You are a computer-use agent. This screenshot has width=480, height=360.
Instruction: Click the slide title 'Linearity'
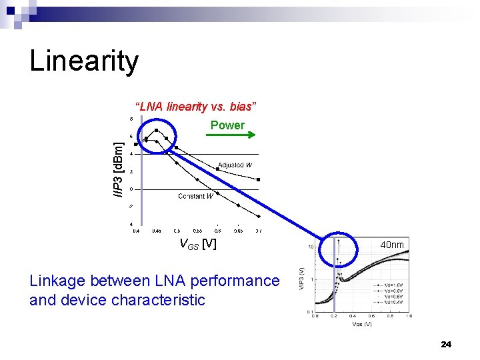click(x=84, y=62)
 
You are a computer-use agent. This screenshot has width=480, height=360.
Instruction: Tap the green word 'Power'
click(x=227, y=125)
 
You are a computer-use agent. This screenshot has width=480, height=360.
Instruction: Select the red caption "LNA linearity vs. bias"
click(x=196, y=107)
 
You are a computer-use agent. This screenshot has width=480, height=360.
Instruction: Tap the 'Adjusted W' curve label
click(x=235, y=165)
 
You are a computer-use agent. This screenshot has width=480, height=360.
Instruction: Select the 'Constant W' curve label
click(x=195, y=196)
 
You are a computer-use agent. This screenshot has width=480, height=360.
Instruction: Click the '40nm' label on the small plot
click(x=392, y=245)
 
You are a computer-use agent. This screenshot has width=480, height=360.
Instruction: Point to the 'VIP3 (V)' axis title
click(x=301, y=279)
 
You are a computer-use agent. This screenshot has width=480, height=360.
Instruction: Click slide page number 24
click(x=446, y=344)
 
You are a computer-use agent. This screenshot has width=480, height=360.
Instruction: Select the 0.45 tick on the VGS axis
click(x=156, y=231)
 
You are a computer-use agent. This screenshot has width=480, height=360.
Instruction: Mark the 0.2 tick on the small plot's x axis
click(x=334, y=316)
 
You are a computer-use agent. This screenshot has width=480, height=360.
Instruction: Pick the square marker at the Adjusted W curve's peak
click(x=156, y=130)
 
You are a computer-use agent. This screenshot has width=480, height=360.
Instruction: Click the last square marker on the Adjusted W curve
click(x=259, y=179)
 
